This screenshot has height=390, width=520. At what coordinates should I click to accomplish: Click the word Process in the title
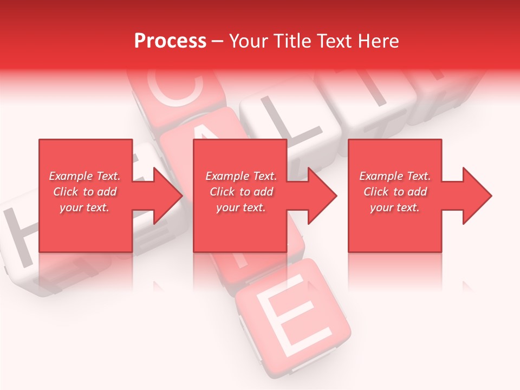tap(170, 41)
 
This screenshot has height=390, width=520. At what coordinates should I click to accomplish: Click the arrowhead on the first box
tap(168, 196)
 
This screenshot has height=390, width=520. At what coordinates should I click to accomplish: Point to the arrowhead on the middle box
tap(322, 196)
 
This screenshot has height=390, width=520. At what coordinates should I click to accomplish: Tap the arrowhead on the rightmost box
tap(477, 196)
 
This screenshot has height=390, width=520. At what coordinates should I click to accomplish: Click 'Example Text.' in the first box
tap(84, 176)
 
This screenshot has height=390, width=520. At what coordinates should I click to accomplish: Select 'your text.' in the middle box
tap(240, 207)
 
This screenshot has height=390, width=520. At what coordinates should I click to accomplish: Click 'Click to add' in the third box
tap(395, 192)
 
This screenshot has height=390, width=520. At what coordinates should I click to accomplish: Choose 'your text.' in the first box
tap(84, 207)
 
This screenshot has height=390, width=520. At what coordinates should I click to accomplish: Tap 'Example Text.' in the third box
tap(395, 176)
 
